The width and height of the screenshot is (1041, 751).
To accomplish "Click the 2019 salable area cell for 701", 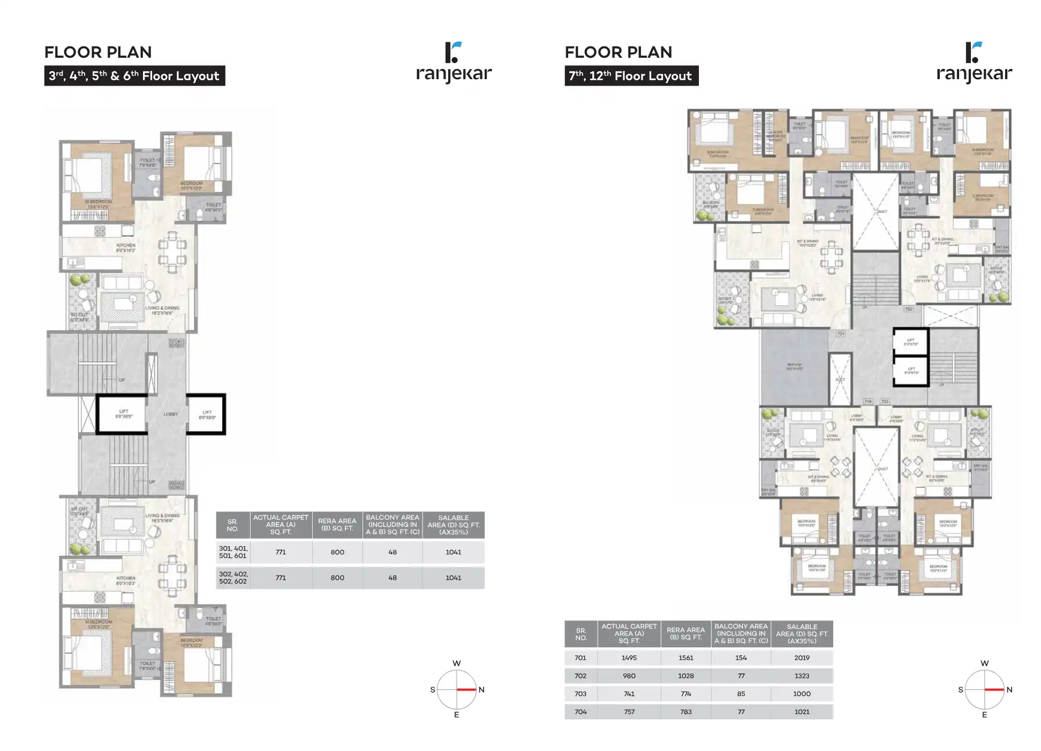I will tap(802, 658).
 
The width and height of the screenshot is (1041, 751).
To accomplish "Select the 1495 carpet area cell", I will tap(629, 658).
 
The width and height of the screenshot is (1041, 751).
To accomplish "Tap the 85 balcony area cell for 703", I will tap(741, 694).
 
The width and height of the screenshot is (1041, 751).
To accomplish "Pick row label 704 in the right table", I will tap(580, 712).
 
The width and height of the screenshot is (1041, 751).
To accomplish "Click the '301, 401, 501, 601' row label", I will tap(233, 552).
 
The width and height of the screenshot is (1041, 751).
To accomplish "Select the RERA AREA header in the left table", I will tap(337, 525).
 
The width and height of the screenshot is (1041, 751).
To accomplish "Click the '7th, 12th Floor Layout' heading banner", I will tap(631, 76).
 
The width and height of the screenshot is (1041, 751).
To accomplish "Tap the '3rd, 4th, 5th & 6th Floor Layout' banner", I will tap(134, 76).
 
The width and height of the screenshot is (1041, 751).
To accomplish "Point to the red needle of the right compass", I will tap(994, 689).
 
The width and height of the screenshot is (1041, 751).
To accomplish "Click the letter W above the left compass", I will tap(456, 663).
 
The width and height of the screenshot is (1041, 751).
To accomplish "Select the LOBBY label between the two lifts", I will tap(170, 414).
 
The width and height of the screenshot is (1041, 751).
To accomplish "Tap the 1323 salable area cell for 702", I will tap(802, 676).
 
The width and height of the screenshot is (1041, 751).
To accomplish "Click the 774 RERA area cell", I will tap(685, 694).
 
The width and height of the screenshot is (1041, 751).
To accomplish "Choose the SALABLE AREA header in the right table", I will tap(802, 634).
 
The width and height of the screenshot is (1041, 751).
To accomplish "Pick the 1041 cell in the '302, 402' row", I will tap(453, 578).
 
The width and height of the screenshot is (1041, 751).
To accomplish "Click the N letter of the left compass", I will tap(481, 690).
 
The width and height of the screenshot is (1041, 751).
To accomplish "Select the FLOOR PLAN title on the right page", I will tap(618, 52).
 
